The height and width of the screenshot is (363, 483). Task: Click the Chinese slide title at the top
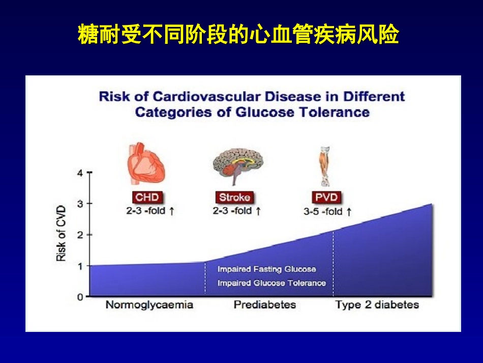pyautogui.click(x=238, y=35)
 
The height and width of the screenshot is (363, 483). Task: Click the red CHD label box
pyautogui.click(x=147, y=197)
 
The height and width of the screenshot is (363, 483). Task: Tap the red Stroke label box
pyautogui.click(x=234, y=197)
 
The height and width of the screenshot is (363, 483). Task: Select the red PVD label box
pyautogui.click(x=325, y=197)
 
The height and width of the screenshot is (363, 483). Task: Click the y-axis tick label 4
pyautogui.click(x=79, y=173)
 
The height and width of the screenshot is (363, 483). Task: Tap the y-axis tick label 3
pyautogui.click(x=79, y=204)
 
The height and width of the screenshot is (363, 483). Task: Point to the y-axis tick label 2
pyautogui.click(x=79, y=235)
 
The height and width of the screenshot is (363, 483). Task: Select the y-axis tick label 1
pyautogui.click(x=79, y=266)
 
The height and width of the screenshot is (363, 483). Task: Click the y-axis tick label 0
pyautogui.click(x=79, y=297)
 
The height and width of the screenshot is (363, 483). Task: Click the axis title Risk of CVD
pyautogui.click(x=62, y=234)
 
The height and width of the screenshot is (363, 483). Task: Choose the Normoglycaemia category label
pyautogui.click(x=149, y=305)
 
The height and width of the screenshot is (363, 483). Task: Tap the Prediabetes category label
pyautogui.click(x=264, y=305)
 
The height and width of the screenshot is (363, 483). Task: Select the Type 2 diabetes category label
pyautogui.click(x=377, y=305)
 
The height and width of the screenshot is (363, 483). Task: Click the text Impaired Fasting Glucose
pyautogui.click(x=266, y=269)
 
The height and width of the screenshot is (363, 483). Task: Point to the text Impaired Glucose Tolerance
pyautogui.click(x=271, y=283)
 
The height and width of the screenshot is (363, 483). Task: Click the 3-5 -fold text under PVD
pyautogui.click(x=323, y=211)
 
